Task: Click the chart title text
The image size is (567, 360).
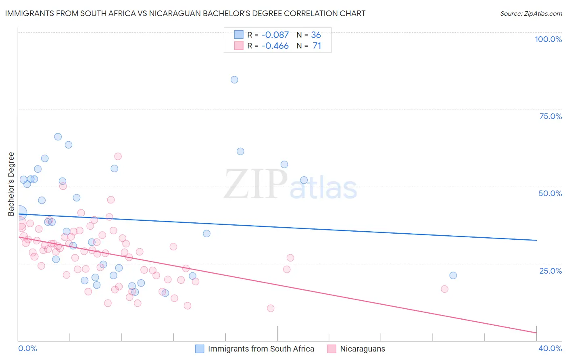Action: (x=185, y=13)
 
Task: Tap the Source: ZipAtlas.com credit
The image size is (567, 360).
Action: (x=531, y=14)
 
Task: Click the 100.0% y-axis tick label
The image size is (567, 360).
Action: (x=548, y=39)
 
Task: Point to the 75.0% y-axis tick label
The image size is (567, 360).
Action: (x=550, y=116)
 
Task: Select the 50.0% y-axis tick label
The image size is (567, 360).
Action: (x=550, y=193)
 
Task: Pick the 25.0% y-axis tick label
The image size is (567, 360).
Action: (x=550, y=271)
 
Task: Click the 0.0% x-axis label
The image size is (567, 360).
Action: (x=28, y=348)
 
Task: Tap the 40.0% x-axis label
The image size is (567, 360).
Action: (x=550, y=348)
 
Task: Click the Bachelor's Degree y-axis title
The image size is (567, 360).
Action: (x=11, y=184)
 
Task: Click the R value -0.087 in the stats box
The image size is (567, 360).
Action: (x=275, y=35)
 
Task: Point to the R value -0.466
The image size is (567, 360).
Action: (x=275, y=46)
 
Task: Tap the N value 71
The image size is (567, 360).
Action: (x=317, y=46)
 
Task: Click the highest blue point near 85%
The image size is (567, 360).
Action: (x=234, y=80)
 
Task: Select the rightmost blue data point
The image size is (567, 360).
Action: (x=453, y=276)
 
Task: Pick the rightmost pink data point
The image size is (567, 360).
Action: (x=444, y=289)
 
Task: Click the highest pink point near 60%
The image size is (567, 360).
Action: (x=118, y=156)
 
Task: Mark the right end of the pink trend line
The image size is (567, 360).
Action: (x=536, y=333)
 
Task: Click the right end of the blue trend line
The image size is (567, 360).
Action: (x=536, y=240)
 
